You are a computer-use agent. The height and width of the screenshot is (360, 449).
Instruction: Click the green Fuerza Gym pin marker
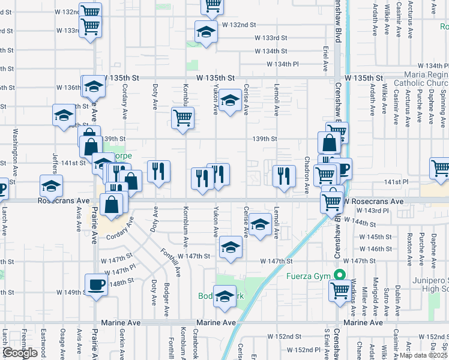tap(340, 276)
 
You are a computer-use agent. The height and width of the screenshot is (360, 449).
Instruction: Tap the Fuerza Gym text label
tap(312, 277)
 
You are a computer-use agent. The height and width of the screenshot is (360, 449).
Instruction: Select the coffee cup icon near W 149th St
tap(96, 284)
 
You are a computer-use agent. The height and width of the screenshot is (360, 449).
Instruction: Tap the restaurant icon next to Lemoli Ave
tap(283, 176)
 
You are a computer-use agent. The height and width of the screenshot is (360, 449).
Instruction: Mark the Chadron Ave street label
tap(307, 174)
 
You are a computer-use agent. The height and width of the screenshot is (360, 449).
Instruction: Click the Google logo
tap(20, 352)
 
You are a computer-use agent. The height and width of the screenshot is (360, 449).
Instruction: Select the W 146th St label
tap(375, 248)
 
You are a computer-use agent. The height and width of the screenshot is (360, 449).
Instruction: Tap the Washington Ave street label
tap(16, 147)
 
